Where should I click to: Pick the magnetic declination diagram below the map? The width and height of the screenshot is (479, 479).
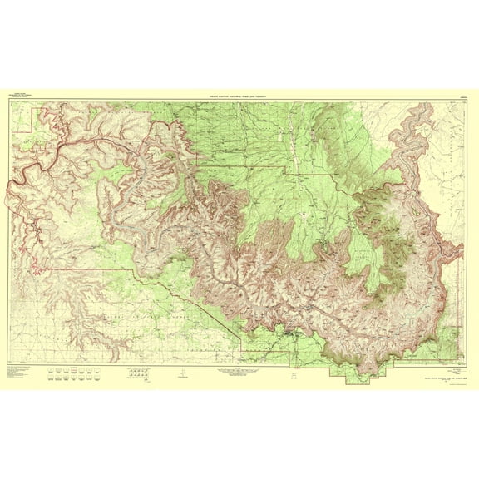point(180,373)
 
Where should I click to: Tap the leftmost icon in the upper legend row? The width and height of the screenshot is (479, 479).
point(54,367)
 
